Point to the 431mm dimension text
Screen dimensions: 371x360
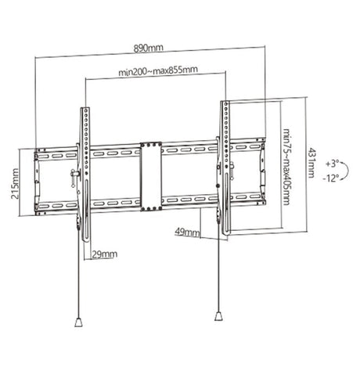312,167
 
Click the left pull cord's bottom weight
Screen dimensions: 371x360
81,321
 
